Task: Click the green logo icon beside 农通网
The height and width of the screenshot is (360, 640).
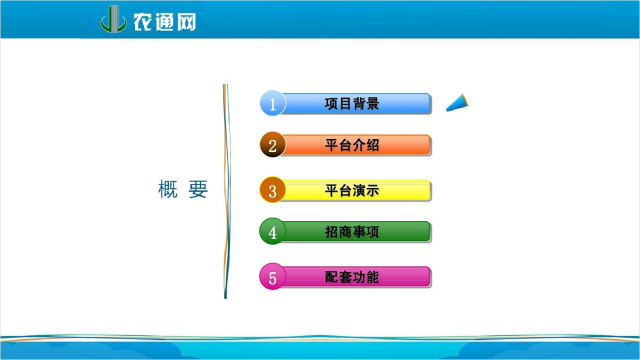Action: (114, 20)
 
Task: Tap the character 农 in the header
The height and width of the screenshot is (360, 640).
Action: (142, 22)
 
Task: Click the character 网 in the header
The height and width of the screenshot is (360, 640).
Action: (186, 22)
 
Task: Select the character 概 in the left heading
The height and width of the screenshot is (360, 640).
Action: (168, 189)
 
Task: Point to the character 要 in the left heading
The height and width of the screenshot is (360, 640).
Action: (198, 189)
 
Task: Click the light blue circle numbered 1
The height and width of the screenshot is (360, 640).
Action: (273, 103)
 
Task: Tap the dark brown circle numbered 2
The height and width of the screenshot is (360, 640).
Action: (273, 144)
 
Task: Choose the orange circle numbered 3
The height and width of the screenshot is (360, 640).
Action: (273, 190)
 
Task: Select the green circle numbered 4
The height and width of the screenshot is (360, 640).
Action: (273, 231)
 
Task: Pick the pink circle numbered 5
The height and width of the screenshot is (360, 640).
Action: (273, 276)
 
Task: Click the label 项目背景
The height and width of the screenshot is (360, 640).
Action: (352, 103)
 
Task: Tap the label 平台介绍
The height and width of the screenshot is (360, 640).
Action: (352, 145)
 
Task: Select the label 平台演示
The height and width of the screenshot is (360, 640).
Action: (352, 190)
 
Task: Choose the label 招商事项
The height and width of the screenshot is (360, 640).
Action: (352, 232)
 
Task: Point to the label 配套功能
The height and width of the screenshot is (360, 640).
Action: (352, 277)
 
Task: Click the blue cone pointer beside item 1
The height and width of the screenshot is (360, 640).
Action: (458, 103)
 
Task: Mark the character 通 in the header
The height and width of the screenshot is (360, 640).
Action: (165, 22)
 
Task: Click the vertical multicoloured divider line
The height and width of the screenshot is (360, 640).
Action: (226, 191)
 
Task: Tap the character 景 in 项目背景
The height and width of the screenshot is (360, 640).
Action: (373, 103)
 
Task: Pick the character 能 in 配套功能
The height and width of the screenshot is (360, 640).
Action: (373, 277)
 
